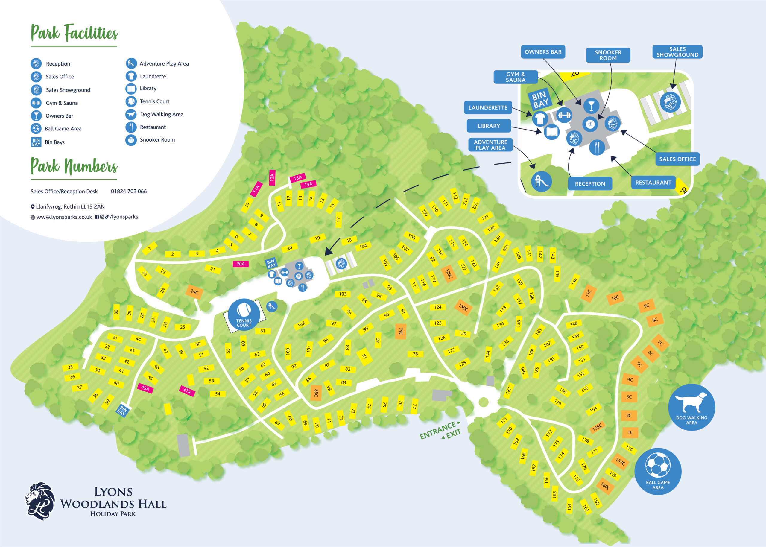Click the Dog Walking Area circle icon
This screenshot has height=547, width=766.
[x=691, y=407]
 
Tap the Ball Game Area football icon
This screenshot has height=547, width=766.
[x=658, y=471]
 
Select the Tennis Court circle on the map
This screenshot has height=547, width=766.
[x=244, y=314]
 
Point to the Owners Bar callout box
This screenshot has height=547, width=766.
[x=543, y=52]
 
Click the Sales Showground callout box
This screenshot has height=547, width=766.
[x=677, y=52]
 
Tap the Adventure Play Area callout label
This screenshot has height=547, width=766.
[x=490, y=145]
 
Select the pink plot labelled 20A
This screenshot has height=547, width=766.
[x=240, y=264]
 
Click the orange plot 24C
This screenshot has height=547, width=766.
[x=194, y=292]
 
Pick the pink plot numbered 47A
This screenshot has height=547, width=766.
[x=187, y=391]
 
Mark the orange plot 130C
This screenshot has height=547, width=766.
[x=463, y=307]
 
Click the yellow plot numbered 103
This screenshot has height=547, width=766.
[x=342, y=294]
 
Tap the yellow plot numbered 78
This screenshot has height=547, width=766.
[x=415, y=354]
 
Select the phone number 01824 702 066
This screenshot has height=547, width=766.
[x=129, y=191]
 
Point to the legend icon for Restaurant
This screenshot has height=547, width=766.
[x=131, y=127]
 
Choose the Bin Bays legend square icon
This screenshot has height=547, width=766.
[x=36, y=142]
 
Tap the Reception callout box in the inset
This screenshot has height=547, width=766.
[x=589, y=183]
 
